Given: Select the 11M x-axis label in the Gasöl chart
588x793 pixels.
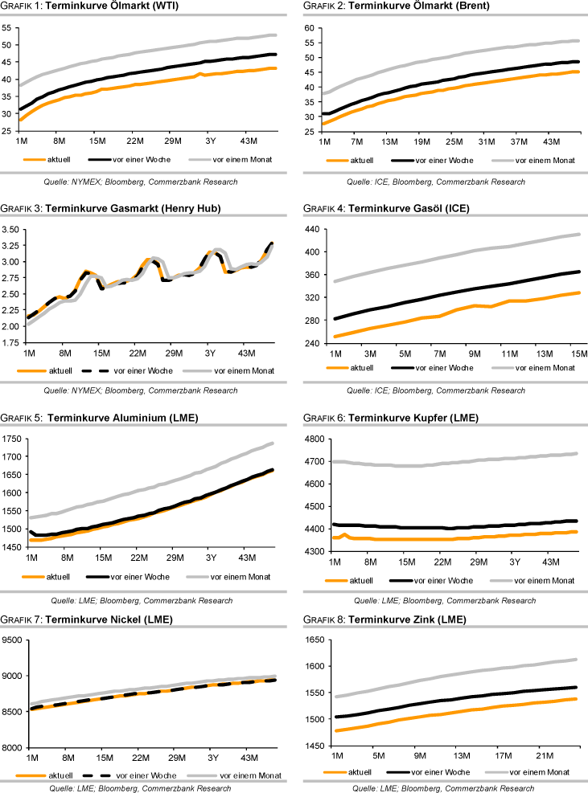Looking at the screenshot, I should tap(510, 353).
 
